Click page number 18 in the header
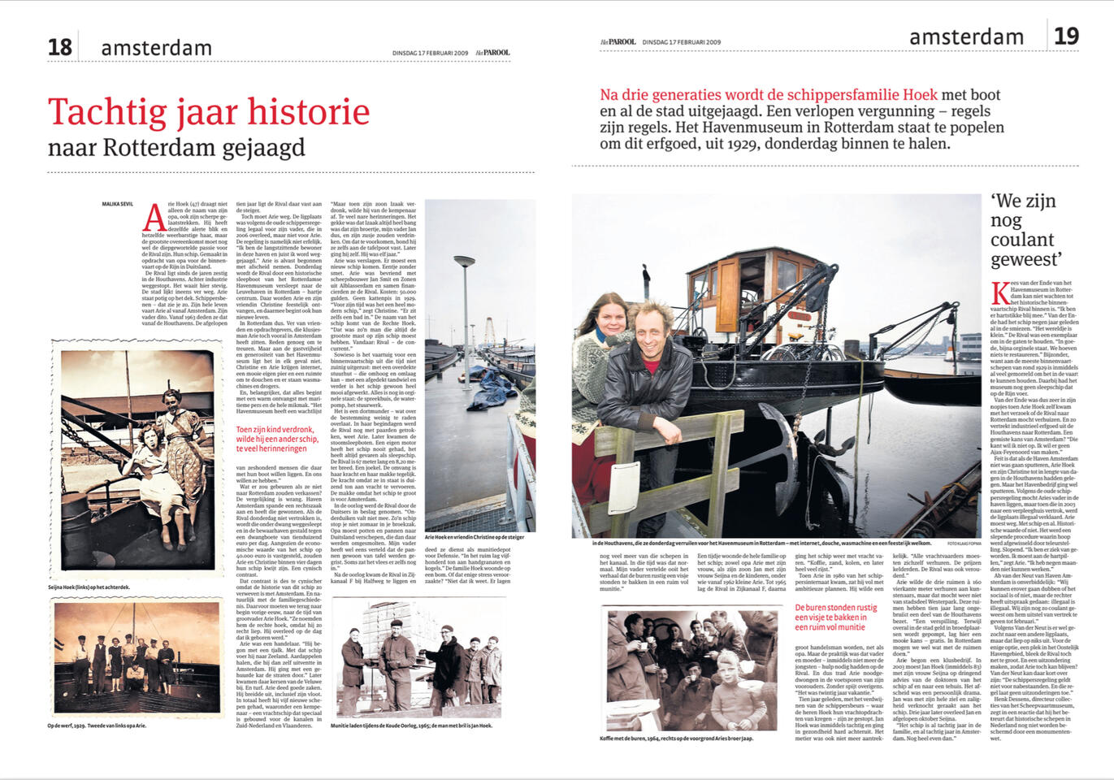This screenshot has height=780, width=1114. (60, 47)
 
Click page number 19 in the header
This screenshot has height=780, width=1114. (1066, 37)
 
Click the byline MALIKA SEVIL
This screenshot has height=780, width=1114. (118, 204)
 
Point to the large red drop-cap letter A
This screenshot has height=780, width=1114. (154, 217)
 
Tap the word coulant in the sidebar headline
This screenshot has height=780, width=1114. (1022, 240)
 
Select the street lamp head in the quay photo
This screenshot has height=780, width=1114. (464, 262)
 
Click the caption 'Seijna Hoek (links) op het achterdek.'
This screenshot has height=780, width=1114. (89, 587)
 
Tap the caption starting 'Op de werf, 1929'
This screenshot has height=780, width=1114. (96, 726)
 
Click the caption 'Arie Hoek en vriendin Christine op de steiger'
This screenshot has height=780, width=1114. (475, 537)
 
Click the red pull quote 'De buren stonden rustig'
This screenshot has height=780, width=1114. (835, 617)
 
